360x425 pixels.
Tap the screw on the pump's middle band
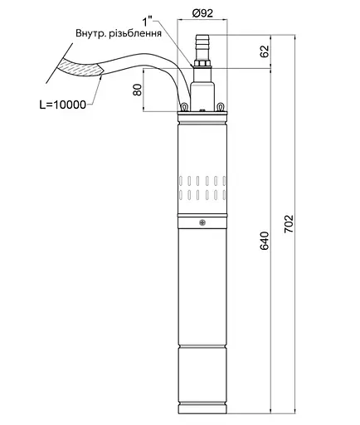pyautogui.click(x=201, y=221)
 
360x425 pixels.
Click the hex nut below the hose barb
pyautogui.click(x=201, y=61)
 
